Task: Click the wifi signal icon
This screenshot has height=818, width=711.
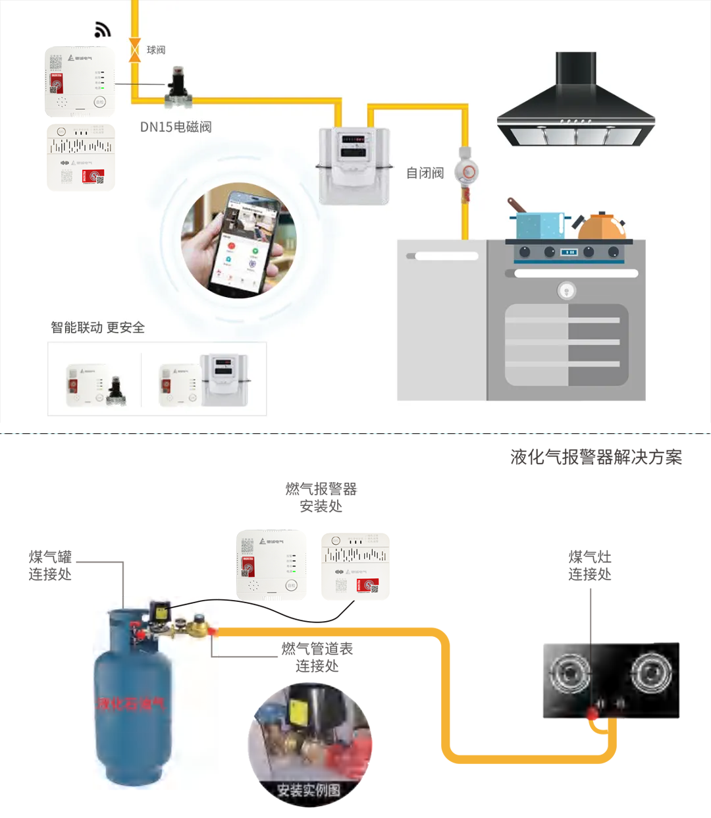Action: (x=103, y=30)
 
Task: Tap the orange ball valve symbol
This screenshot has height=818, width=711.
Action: (x=135, y=50)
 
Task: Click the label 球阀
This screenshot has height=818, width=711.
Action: (x=156, y=50)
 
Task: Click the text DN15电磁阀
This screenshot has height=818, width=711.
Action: (x=176, y=127)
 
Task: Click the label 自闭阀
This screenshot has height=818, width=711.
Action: (x=425, y=173)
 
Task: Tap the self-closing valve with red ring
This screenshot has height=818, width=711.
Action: (x=467, y=172)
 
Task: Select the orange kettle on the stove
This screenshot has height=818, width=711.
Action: (x=600, y=227)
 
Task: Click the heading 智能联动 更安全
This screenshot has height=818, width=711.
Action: (x=97, y=327)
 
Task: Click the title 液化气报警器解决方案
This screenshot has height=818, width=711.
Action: (x=596, y=457)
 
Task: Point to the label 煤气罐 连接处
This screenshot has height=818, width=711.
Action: (x=50, y=565)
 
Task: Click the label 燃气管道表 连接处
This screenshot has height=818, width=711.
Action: (x=317, y=657)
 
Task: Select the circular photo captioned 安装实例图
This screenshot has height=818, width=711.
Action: (x=309, y=744)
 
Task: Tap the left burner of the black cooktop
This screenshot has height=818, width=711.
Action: (x=570, y=674)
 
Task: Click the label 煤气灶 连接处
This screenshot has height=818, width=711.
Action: (x=590, y=565)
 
